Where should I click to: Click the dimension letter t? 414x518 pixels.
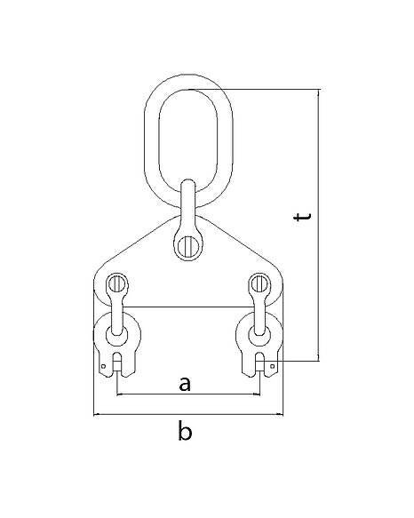302,217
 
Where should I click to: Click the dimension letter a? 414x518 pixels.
185,384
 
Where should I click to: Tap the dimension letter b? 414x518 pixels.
185,430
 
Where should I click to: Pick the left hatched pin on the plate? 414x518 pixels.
116,283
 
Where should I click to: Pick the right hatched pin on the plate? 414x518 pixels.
259,283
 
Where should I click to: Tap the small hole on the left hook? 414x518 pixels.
103,366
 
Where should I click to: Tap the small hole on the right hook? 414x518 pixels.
272,366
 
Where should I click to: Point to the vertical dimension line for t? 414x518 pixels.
319,225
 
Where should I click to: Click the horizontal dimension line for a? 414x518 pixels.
188,394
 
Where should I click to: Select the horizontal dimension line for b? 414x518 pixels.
188,414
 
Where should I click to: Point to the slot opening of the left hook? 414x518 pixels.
117,364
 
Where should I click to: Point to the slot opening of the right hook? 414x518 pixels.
260,364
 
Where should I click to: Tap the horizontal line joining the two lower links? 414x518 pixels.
188,307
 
